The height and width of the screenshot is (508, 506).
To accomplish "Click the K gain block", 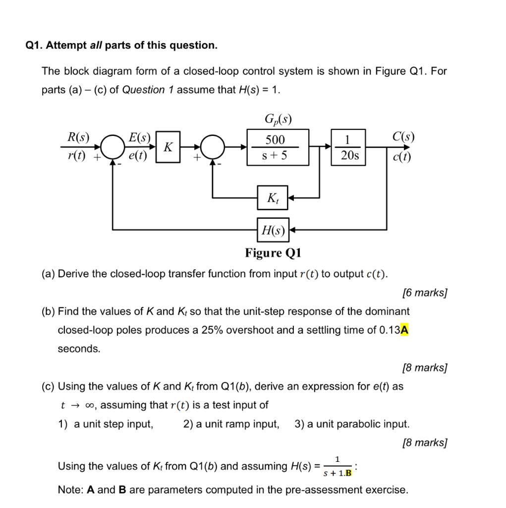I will pyautogui.click(x=169, y=147).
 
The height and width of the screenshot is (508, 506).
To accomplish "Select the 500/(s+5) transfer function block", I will pyautogui.click(x=278, y=147).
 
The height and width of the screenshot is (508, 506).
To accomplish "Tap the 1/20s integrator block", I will pyautogui.click(x=349, y=147).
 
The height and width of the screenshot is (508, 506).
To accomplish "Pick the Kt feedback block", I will pyautogui.click(x=272, y=198).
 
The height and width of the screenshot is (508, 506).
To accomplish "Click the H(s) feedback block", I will pyautogui.click(x=273, y=230).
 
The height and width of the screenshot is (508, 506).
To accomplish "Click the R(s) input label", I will pyautogui.click(x=78, y=137).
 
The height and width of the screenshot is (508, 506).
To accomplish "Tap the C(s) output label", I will pyautogui.click(x=403, y=136).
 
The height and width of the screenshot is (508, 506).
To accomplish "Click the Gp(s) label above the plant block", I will pyautogui.click(x=278, y=119).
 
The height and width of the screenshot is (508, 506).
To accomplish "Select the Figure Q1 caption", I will pyautogui.click(x=273, y=253).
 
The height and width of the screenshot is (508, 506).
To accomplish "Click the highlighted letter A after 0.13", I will pyautogui.click(x=405, y=330).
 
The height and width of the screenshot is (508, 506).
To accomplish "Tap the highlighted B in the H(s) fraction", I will pyautogui.click(x=348, y=473).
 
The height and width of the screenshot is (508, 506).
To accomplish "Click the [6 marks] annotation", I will pyautogui.click(x=425, y=293).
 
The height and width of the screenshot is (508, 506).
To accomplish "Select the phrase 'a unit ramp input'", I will pyautogui.click(x=231, y=424).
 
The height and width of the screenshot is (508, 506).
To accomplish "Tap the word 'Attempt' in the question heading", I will pyautogui.click(x=66, y=45).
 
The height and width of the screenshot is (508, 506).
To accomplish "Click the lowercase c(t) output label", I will pyautogui.click(x=402, y=157).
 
